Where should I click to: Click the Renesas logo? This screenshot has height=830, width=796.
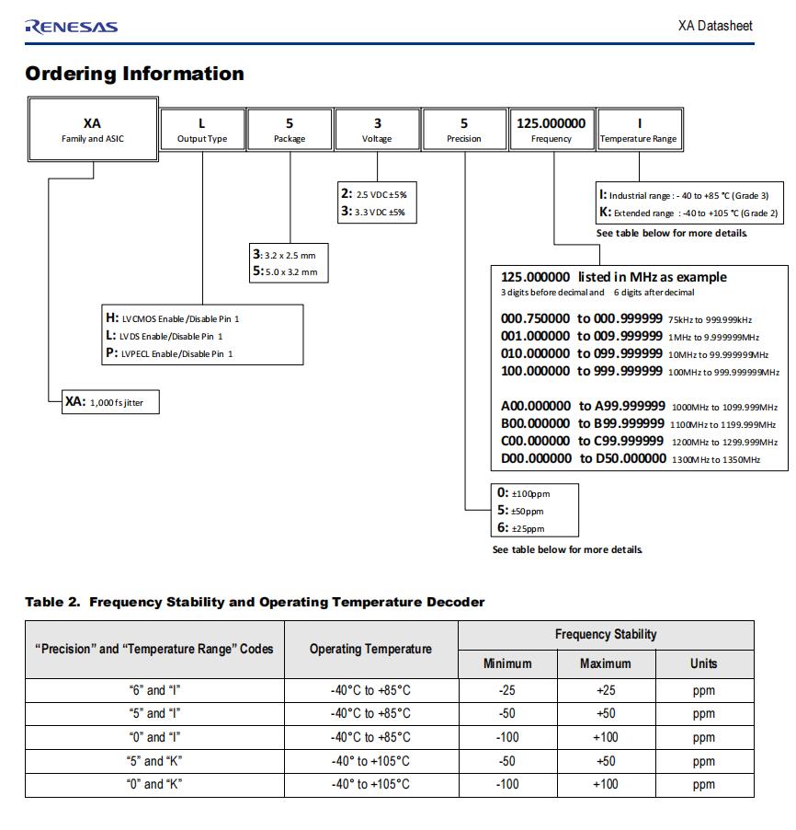click(72, 26)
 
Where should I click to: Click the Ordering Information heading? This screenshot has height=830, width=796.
click(134, 74)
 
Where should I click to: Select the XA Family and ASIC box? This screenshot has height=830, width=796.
click(92, 130)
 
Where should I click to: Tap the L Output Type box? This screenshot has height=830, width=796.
click(202, 130)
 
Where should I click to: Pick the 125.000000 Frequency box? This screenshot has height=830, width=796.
click(551, 130)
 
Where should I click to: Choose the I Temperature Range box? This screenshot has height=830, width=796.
click(639, 130)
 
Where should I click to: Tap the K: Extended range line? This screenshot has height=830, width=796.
click(688, 213)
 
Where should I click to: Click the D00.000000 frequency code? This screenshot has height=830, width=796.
click(535, 458)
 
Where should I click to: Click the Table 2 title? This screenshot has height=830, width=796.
click(254, 602)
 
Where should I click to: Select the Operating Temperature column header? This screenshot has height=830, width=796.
click(370, 649)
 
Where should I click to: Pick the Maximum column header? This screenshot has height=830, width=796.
click(606, 663)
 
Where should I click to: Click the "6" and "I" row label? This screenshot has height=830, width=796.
click(155, 689)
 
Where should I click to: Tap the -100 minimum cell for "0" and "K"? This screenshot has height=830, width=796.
click(507, 784)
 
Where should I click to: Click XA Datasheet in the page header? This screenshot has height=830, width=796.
click(715, 26)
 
